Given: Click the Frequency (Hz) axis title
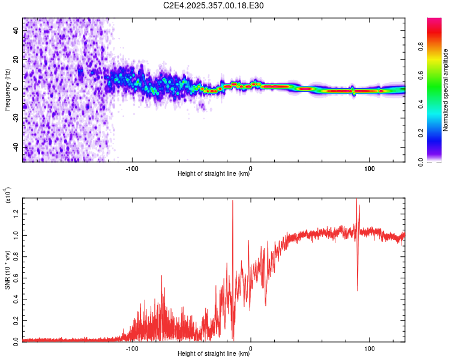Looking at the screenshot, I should [x=8, y=89].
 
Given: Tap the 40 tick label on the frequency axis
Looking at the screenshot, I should [x=16, y=30].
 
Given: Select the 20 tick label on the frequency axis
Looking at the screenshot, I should [x=16, y=59].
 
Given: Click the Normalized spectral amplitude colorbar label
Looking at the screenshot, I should [x=446, y=91].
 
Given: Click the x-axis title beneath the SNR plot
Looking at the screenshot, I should [x=214, y=354].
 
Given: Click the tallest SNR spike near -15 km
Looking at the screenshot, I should [x=233, y=202].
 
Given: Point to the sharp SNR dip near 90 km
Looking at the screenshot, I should [x=358, y=290].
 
